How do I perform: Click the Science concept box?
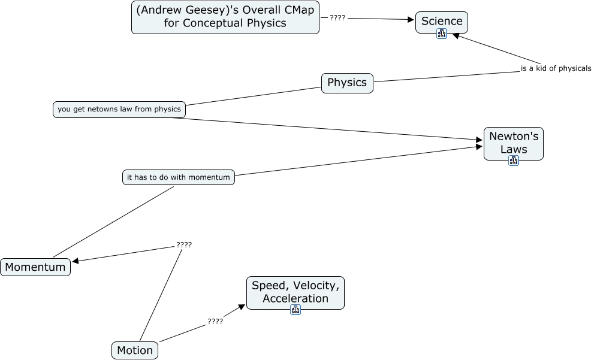[442, 21]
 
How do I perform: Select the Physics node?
[347, 83]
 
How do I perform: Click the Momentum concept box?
[35, 267]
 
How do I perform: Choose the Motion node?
[135, 350]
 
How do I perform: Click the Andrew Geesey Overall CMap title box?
[225, 17]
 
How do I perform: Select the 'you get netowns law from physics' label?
[119, 109]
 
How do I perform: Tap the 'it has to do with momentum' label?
[178, 177]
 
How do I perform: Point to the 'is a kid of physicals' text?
[556, 68]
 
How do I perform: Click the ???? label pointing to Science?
[337, 18]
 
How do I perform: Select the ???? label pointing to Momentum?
[184, 244]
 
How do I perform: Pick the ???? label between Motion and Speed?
[215, 321]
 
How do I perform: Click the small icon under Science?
[442, 34]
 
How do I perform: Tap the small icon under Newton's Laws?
[513, 160]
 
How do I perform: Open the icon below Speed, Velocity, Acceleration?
[295, 310]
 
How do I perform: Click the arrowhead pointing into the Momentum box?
[76, 261]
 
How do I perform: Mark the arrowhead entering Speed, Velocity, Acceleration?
[242, 307]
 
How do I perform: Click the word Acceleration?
[296, 298]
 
